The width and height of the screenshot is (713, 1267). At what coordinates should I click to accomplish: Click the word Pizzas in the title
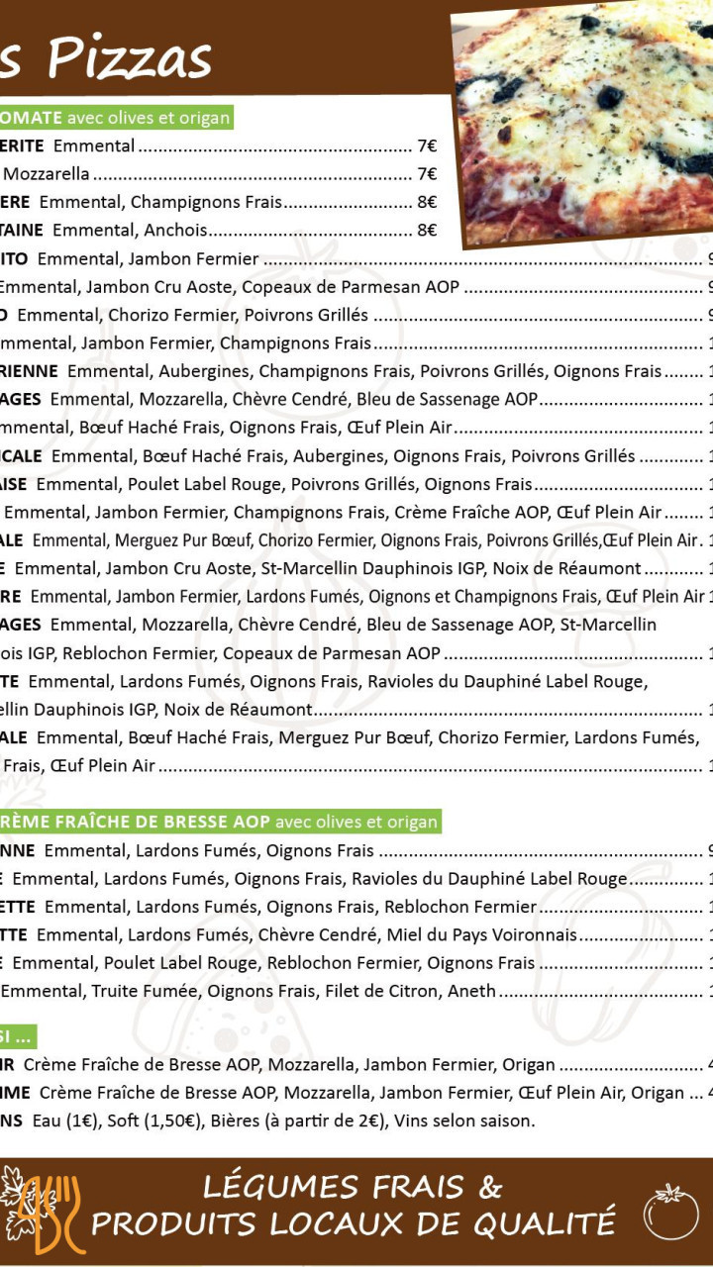[130, 58]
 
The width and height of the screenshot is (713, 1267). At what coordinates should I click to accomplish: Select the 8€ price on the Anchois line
[427, 231]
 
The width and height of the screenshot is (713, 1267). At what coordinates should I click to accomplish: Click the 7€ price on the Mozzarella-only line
[427, 174]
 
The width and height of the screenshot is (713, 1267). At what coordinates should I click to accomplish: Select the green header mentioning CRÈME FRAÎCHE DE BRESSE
[218, 822]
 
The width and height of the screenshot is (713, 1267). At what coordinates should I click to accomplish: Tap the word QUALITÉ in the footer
[544, 1224]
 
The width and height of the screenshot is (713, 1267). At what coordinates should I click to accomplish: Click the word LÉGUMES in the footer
[268, 1187]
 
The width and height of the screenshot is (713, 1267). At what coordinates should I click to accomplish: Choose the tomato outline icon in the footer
[670, 1212]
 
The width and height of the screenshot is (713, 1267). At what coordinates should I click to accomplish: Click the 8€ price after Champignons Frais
[427, 202]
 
